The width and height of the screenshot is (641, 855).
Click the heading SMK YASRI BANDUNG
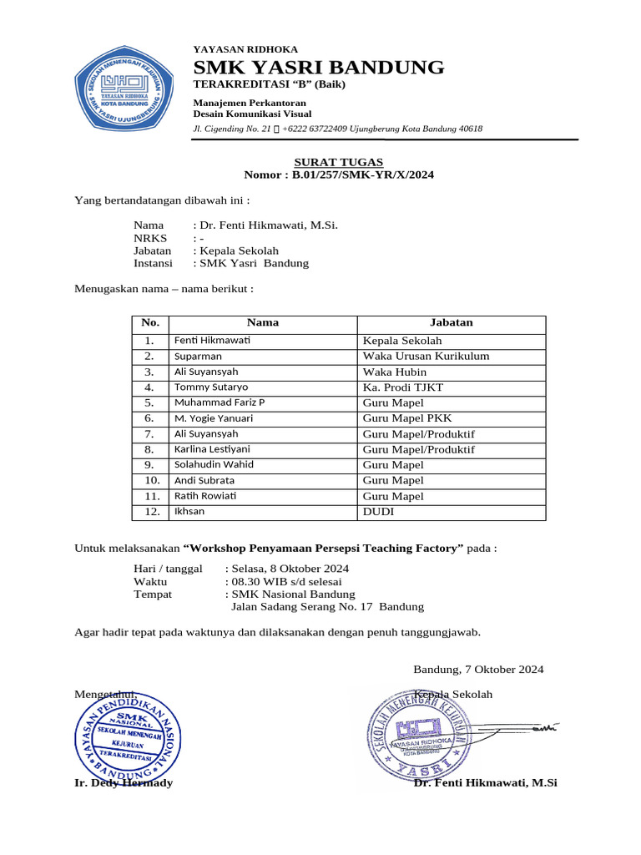pyautogui.click(x=319, y=68)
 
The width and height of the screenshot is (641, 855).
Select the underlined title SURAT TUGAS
pyautogui.click(x=338, y=161)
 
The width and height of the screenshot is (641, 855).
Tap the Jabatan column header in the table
pyautogui.click(x=451, y=322)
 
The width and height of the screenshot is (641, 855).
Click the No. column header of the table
pyautogui.click(x=149, y=322)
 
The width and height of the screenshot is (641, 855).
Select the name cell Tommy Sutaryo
pyautogui.click(x=211, y=387)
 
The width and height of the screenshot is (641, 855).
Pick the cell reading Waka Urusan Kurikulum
pyautogui.click(x=426, y=357)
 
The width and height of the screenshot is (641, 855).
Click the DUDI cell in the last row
pyautogui.click(x=377, y=512)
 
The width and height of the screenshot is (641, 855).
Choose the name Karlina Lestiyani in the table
pyautogui.click(x=212, y=449)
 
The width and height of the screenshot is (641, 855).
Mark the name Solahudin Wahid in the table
pyautogui.click(x=214, y=465)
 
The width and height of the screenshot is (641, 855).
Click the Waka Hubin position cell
pyautogui.click(x=395, y=372)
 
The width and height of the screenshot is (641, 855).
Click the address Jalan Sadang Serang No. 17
pyautogui.click(x=304, y=607)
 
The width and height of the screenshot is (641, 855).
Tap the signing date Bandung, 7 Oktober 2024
pyautogui.click(x=478, y=669)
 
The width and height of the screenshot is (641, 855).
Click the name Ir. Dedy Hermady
pyautogui.click(x=124, y=782)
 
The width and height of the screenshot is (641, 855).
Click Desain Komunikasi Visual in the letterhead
pyautogui.click(x=252, y=114)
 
